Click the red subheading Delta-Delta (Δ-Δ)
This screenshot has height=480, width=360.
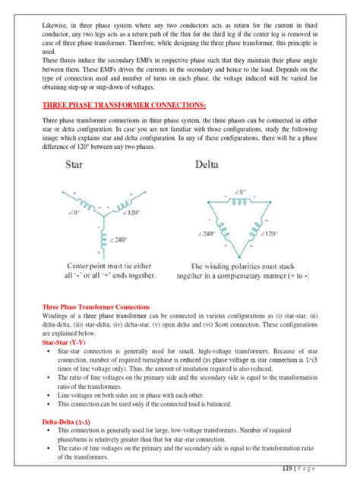point(70,420)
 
